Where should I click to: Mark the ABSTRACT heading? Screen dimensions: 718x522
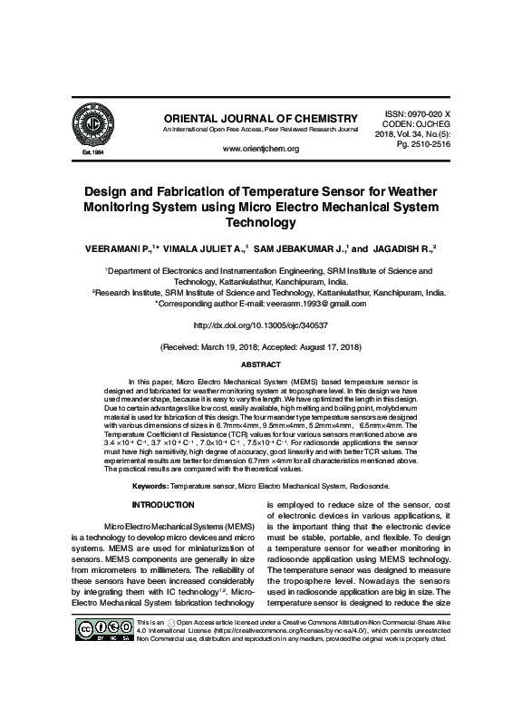(260, 364)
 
